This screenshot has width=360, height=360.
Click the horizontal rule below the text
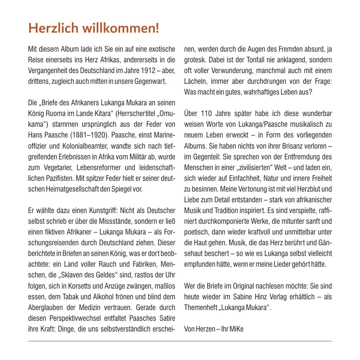[x=180, y=341]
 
